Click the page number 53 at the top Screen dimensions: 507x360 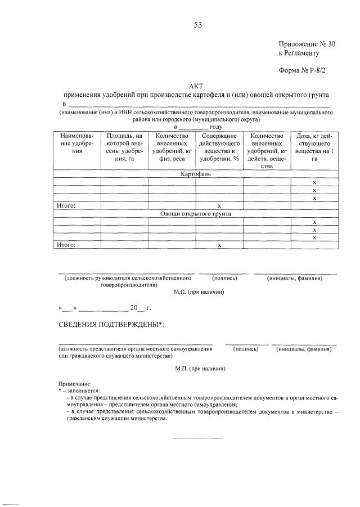[197, 25]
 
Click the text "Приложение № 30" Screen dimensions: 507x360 [307, 44]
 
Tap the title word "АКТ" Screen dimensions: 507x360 [195, 86]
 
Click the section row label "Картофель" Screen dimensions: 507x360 [196, 174]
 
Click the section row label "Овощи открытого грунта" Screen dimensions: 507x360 [195, 214]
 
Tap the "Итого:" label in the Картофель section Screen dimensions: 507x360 [66, 206]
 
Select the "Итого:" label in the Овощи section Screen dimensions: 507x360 [66, 245]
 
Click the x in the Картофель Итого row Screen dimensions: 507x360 [219, 206]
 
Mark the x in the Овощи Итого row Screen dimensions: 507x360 [219, 245]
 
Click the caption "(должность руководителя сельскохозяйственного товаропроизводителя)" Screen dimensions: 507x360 [129, 281]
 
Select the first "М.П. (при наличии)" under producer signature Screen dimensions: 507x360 [199, 292]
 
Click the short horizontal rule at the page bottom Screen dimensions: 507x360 [197, 437]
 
